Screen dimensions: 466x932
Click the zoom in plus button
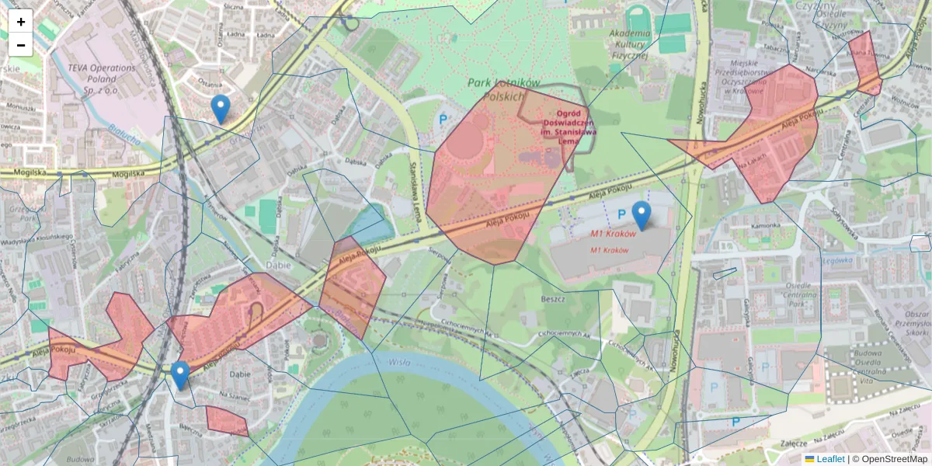point(20,21)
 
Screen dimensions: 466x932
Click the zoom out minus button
point(20,45)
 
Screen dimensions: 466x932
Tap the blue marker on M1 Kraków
point(641,215)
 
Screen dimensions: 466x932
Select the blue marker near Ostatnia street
point(221,109)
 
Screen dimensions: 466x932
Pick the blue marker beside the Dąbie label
point(180,375)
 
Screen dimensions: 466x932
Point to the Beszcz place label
point(555,298)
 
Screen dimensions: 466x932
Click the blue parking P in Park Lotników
point(443,120)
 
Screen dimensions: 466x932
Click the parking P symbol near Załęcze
point(735,422)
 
